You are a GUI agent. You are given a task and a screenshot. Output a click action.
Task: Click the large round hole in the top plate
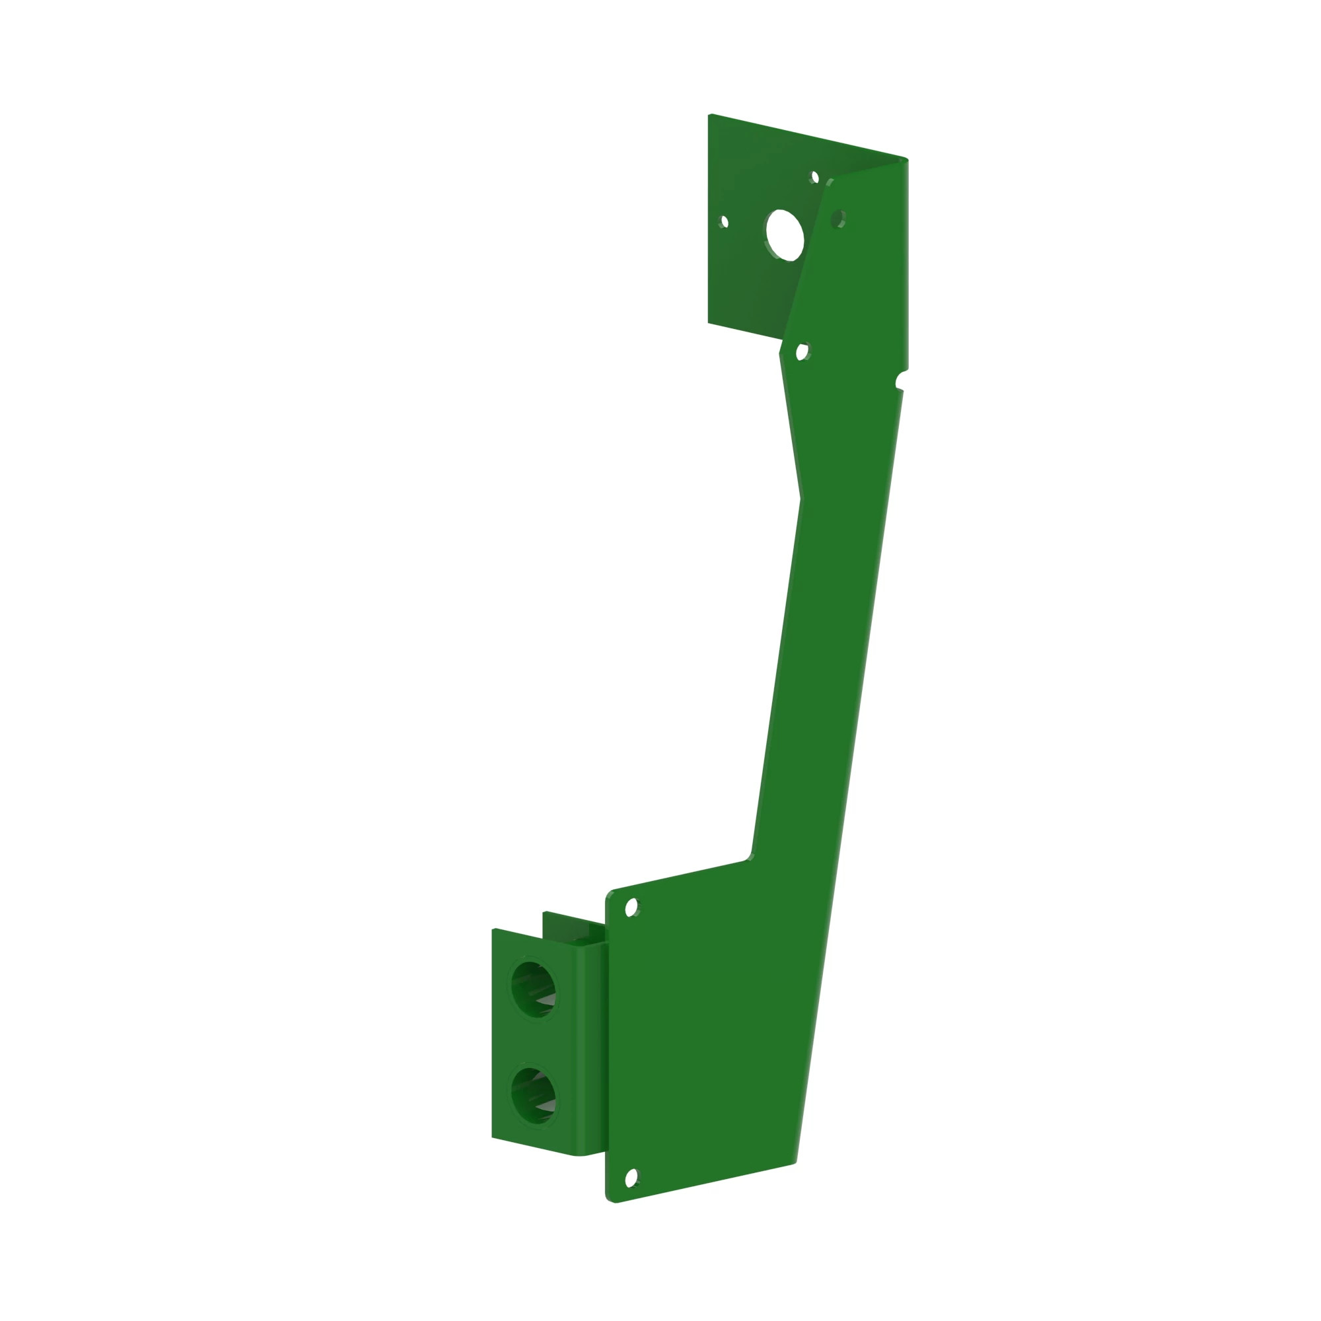point(784,235)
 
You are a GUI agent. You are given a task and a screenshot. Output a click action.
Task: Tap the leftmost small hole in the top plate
point(725,221)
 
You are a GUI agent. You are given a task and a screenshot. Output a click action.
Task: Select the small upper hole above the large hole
point(814,178)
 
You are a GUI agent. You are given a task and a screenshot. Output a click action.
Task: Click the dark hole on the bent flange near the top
point(838,219)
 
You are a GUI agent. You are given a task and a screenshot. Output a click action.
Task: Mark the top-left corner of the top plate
point(711,116)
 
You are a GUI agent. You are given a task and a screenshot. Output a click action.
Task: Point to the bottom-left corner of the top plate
point(709,322)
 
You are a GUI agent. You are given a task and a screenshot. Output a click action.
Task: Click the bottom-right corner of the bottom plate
point(795,1162)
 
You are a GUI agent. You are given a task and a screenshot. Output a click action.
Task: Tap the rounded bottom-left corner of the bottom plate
point(609,1199)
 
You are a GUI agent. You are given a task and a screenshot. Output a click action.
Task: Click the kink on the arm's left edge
point(800,499)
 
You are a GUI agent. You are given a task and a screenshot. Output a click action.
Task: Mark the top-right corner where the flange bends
point(906,160)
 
